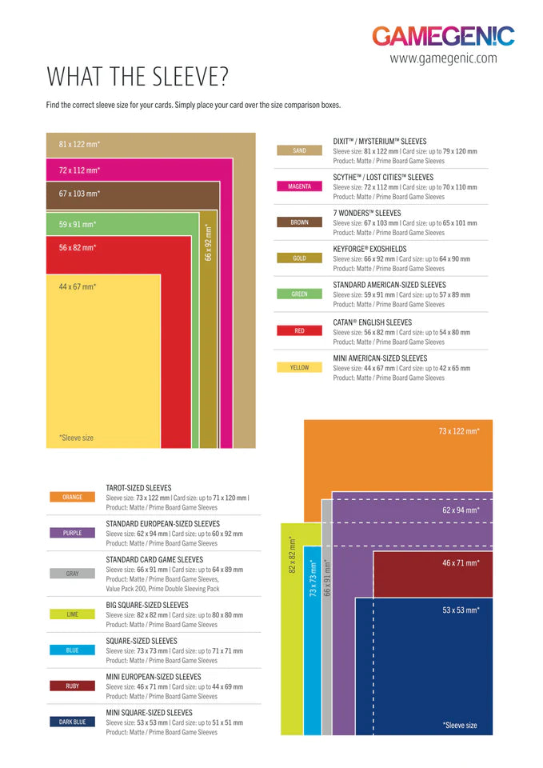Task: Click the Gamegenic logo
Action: point(443,36)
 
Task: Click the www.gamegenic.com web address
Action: point(443,58)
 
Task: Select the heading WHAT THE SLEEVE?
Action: point(138,77)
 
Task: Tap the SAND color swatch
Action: point(299,150)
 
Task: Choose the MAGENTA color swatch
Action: point(299,186)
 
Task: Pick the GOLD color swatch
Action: point(299,258)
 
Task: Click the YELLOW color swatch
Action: point(299,367)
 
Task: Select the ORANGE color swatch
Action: point(72,497)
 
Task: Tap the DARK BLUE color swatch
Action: point(72,722)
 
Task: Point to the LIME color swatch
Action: point(72,614)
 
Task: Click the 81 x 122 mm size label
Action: point(79,144)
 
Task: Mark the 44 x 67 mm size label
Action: point(78,286)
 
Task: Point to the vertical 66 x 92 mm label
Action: point(208,242)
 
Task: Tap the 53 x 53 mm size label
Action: point(461,610)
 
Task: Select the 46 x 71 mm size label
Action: point(461,563)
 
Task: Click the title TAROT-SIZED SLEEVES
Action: point(138,487)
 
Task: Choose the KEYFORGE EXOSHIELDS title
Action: point(369,249)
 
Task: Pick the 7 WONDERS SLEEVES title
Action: point(367,213)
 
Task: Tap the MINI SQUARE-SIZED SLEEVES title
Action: point(149,712)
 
